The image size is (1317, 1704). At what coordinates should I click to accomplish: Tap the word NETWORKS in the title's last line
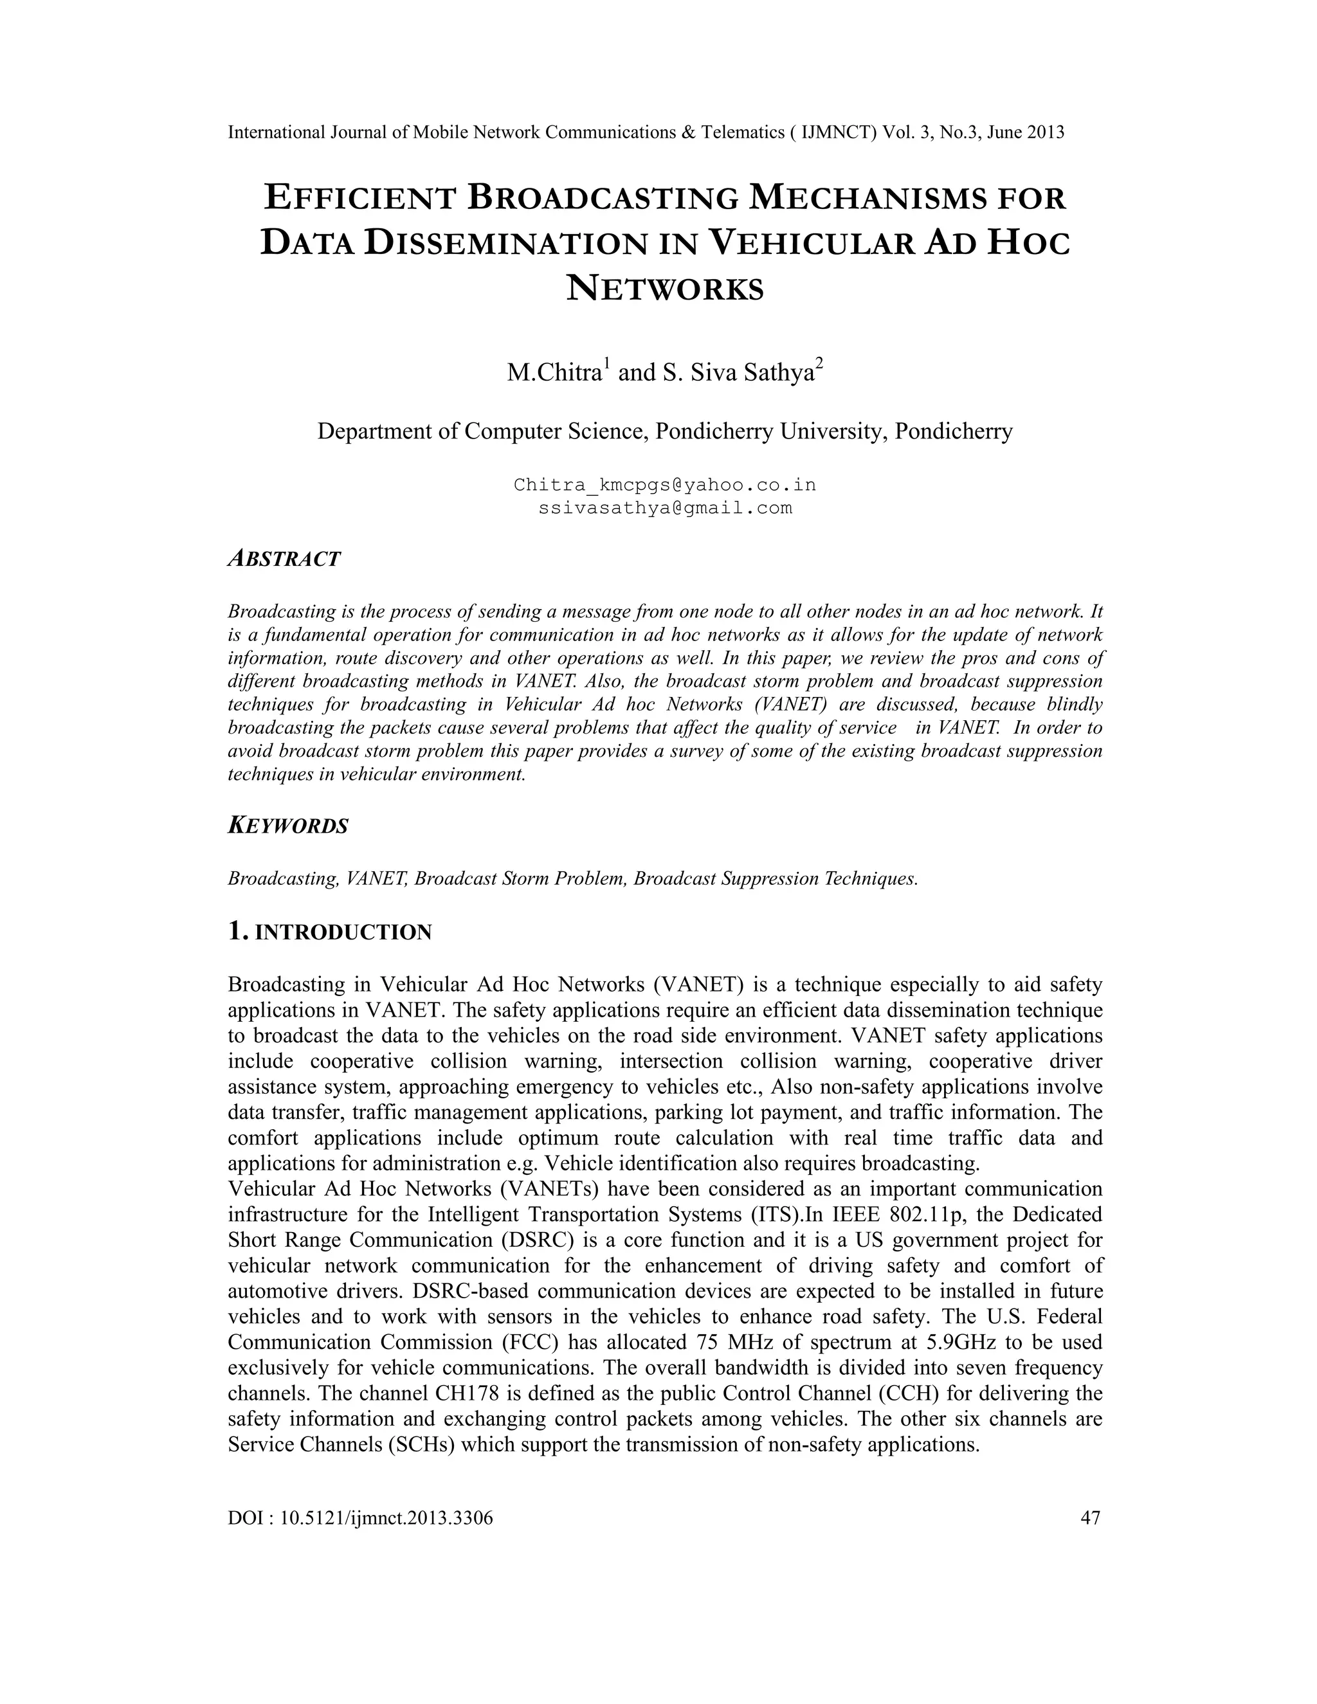[665, 289]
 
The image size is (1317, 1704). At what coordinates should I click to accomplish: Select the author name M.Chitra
[553, 373]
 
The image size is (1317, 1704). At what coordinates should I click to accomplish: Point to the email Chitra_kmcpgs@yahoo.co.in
[665, 485]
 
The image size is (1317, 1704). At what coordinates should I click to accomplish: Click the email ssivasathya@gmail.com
[665, 509]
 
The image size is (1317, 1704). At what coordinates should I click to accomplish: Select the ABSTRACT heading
[284, 559]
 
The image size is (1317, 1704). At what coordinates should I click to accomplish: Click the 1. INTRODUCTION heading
[329, 932]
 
